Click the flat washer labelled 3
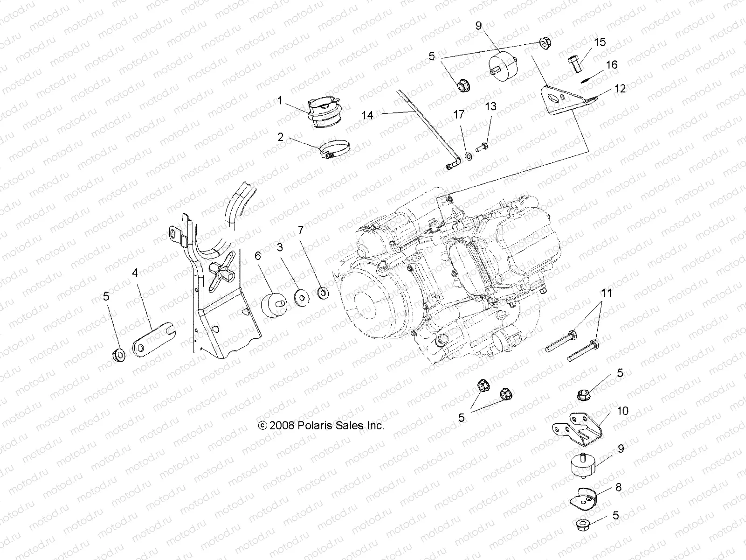tap(302, 296)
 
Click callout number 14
tap(368, 114)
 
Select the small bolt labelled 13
tap(483, 147)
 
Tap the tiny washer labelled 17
tap(469, 156)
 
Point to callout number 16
tap(611, 64)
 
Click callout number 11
tap(606, 294)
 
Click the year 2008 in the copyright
tap(281, 426)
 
